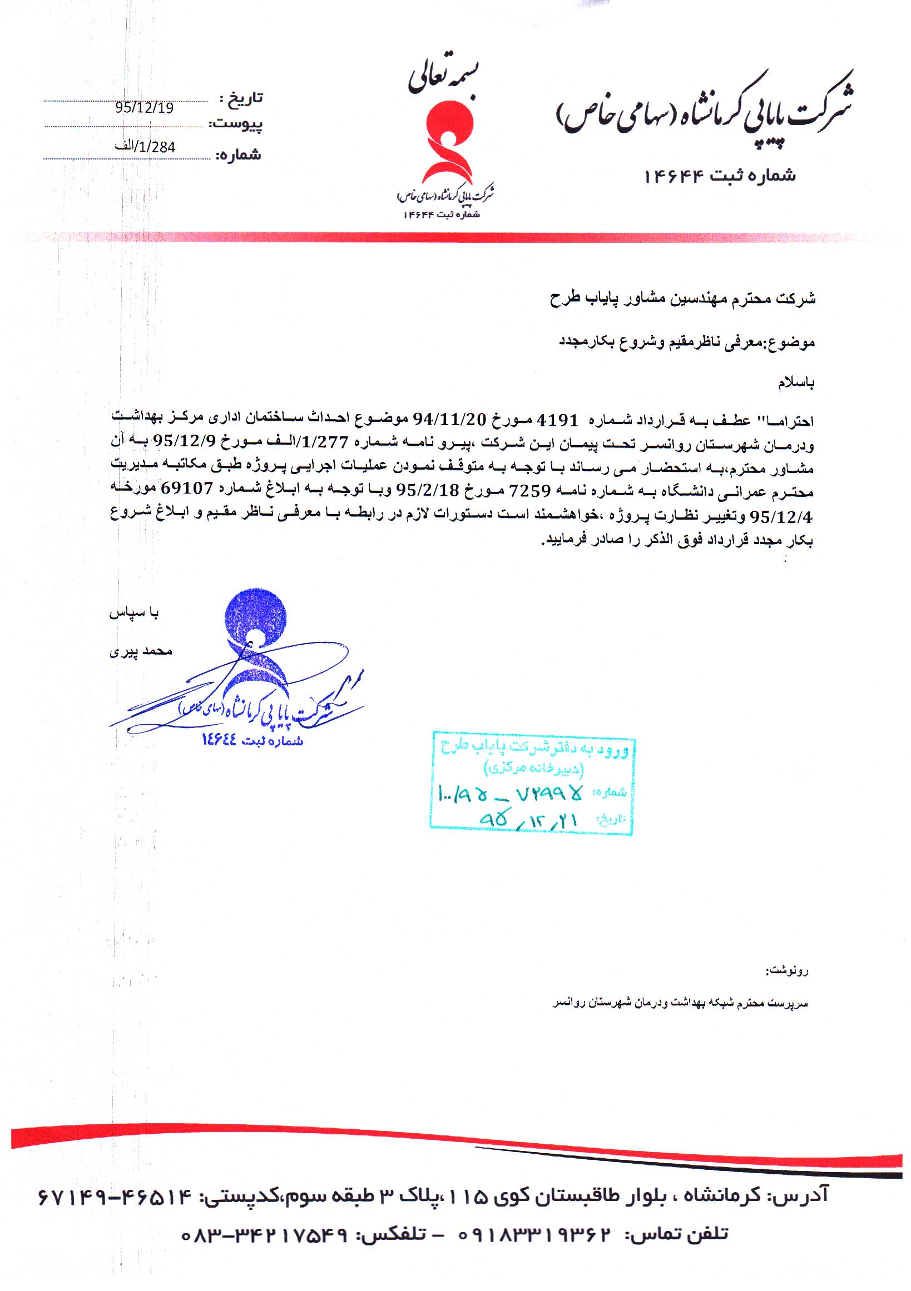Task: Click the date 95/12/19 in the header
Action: coord(144,107)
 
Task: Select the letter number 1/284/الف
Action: coord(145,147)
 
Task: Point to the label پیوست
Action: coord(236,124)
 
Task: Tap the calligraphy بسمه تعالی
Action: coord(444,80)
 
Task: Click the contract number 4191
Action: coord(558,420)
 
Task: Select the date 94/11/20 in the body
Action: coord(449,420)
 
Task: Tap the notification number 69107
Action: coord(186,488)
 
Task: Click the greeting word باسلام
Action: coord(796,383)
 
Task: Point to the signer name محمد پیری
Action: coord(141,651)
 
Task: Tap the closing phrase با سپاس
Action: coord(134,613)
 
